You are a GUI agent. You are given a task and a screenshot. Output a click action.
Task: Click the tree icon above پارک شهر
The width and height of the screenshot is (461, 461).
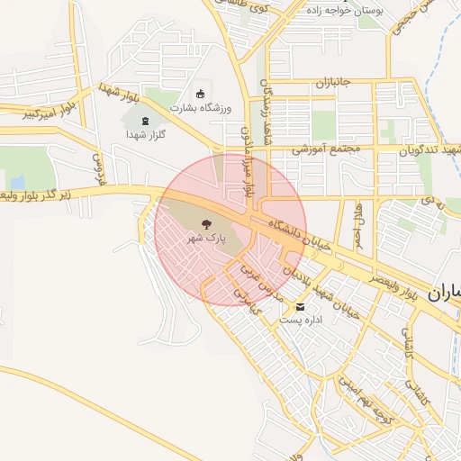[x=208, y=225]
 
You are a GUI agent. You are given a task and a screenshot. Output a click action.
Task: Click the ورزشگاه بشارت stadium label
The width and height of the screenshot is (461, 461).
[x=200, y=108]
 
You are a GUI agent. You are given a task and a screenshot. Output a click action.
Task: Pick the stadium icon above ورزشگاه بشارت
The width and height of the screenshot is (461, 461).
[x=200, y=94]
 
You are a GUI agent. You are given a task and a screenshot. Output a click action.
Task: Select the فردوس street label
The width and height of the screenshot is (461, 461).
[x=97, y=168]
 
